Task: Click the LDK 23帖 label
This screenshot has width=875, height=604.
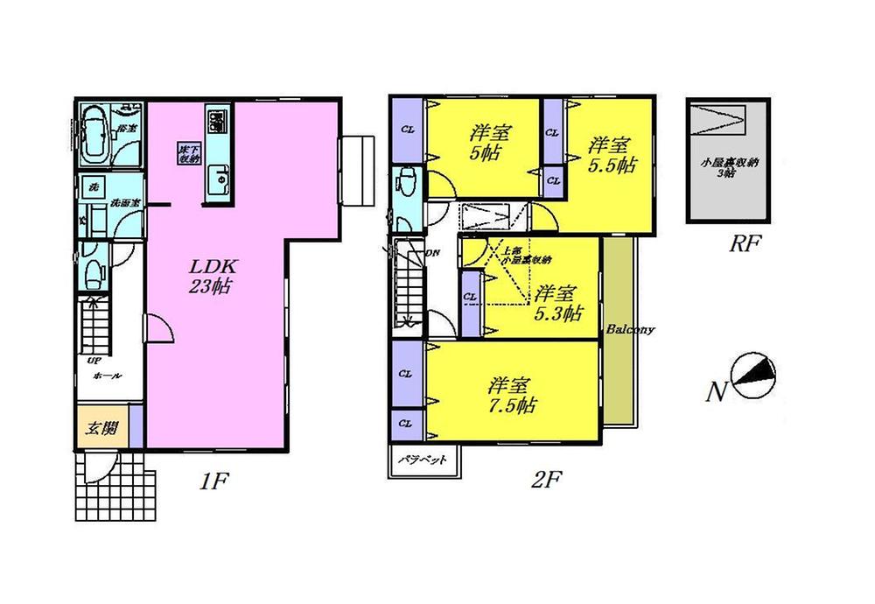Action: click(x=212, y=275)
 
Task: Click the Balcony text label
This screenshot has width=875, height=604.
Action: click(x=631, y=330)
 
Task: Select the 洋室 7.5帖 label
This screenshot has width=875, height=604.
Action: click(x=512, y=395)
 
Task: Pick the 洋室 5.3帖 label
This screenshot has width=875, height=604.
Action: click(x=558, y=303)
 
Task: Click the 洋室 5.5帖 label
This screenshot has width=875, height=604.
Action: click(x=611, y=155)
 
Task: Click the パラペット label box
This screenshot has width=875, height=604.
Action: click(x=423, y=459)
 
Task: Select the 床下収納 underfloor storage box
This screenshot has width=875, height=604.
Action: click(x=189, y=154)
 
